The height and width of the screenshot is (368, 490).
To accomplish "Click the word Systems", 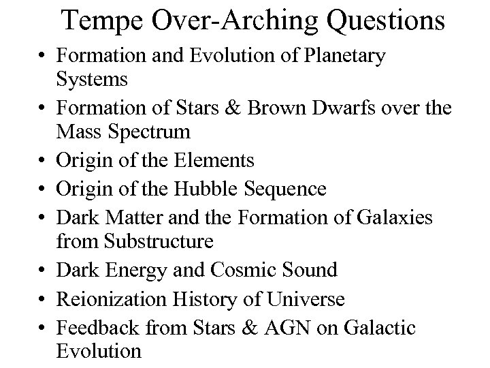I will pos(92,79).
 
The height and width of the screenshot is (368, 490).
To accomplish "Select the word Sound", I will pos(310,270).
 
